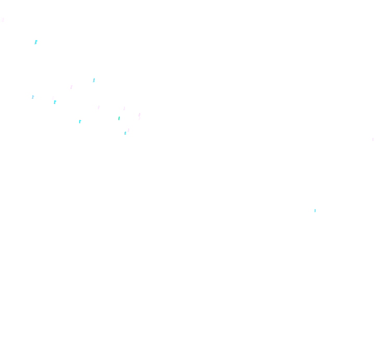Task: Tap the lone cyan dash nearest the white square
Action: click(x=36, y=42)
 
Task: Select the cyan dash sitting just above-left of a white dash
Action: click(x=94, y=80)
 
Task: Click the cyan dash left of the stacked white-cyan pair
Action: click(x=33, y=97)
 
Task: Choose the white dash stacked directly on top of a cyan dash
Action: click(x=53, y=98)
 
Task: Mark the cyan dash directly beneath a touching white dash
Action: click(x=55, y=102)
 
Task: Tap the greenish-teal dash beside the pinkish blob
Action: click(x=119, y=118)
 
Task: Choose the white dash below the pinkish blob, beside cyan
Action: click(x=129, y=130)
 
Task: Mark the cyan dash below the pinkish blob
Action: click(x=125, y=133)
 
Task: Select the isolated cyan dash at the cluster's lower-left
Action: click(x=80, y=122)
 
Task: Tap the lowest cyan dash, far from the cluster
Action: click(x=315, y=211)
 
